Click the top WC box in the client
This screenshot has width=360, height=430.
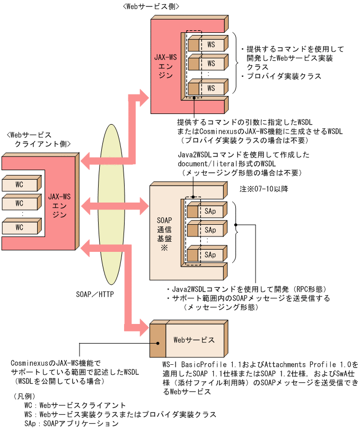pos(20,185)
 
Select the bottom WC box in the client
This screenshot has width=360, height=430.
pos(20,227)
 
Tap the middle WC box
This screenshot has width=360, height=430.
pos(20,203)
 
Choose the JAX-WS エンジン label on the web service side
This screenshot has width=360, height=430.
pos(166,66)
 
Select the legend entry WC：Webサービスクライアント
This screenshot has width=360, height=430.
pos(75,406)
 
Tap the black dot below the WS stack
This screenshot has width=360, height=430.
pos(195,98)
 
